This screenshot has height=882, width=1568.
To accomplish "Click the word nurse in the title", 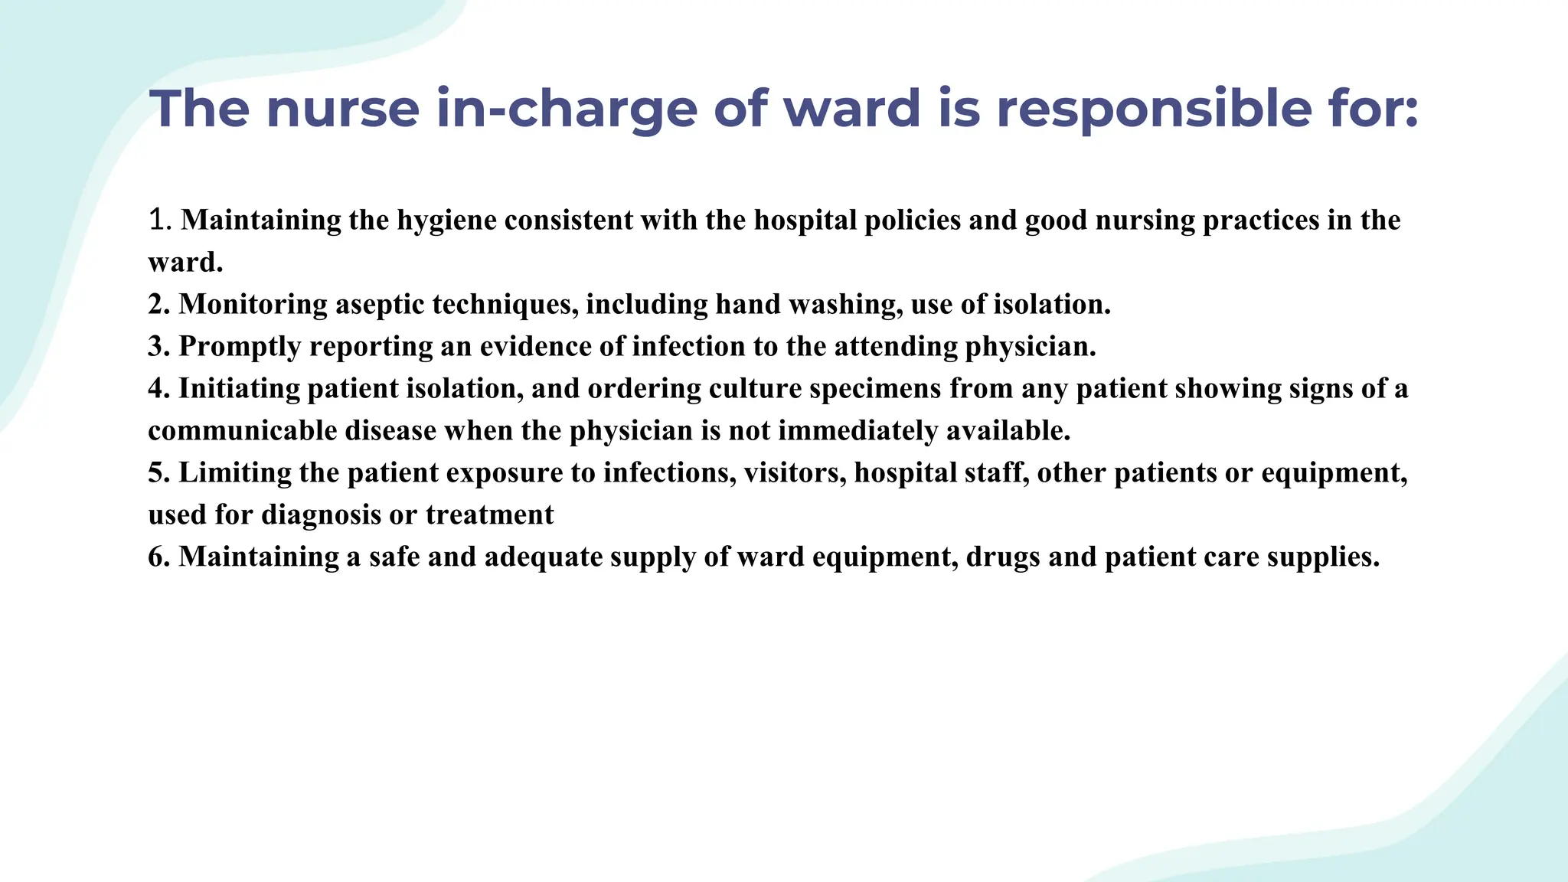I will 342,109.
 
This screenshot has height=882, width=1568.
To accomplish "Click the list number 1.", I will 157,220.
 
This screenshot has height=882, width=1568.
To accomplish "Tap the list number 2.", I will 158,305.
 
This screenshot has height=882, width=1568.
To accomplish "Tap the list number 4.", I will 158,389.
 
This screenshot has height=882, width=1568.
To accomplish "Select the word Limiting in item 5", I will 234,473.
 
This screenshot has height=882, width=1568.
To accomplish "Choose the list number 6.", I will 158,557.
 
